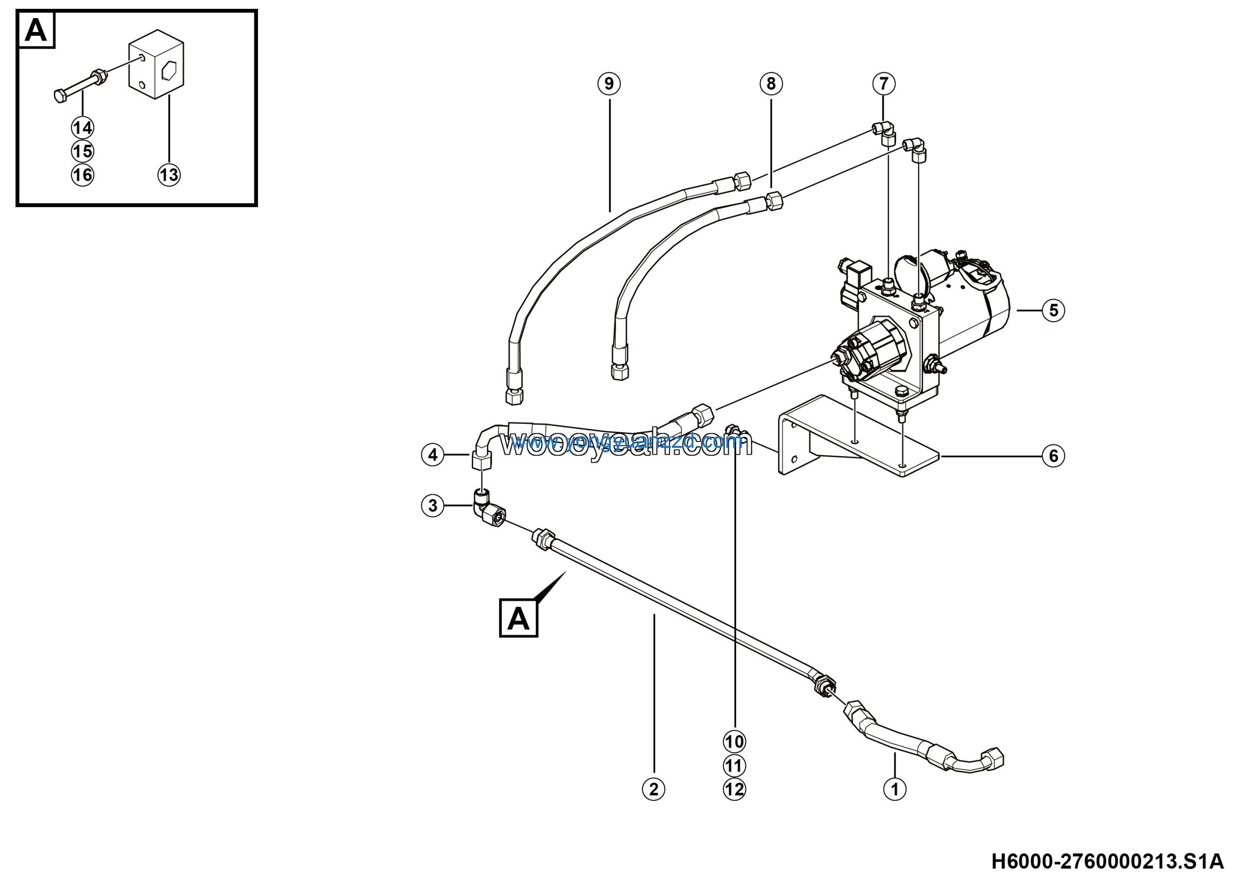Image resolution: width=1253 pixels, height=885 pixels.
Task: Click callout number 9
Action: [609, 84]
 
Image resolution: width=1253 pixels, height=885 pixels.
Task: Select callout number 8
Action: [771, 84]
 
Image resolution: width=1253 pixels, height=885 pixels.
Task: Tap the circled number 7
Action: [884, 84]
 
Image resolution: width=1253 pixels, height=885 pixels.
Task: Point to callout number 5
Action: [1053, 310]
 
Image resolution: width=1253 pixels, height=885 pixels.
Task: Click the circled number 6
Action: [1053, 456]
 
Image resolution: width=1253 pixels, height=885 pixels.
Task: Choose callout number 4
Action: [433, 455]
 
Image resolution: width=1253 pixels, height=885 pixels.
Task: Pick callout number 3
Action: [433, 505]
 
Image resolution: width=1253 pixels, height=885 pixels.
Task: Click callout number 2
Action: [654, 789]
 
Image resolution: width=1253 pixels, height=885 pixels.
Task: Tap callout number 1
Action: [894, 789]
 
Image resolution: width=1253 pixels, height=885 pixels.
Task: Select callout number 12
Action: [735, 790]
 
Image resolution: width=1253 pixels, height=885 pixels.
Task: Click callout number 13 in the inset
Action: [169, 175]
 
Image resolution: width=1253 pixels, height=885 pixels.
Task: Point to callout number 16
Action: [82, 175]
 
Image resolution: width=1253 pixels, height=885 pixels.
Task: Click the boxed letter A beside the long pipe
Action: [518, 619]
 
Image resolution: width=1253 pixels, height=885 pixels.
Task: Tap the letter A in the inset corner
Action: [36, 30]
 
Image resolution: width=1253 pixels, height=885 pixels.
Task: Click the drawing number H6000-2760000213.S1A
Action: [1107, 862]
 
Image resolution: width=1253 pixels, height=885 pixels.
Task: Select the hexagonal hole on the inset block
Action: [169, 70]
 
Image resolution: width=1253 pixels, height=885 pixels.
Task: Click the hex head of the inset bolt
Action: [61, 96]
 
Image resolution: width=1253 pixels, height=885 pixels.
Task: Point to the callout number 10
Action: [735, 742]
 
